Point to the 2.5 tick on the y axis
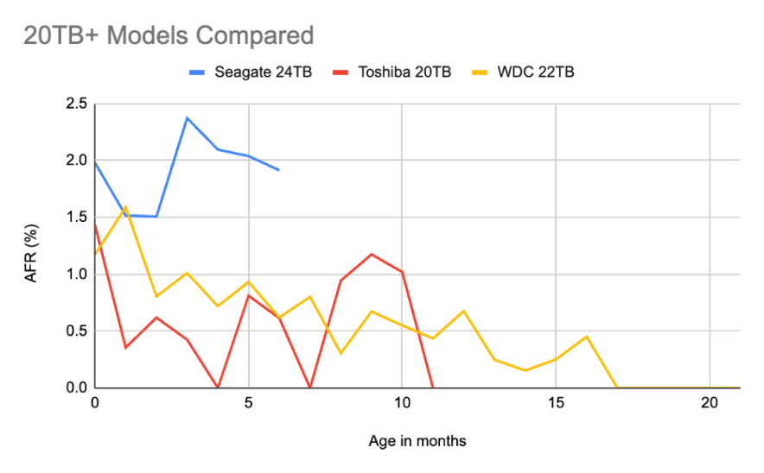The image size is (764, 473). [76, 104]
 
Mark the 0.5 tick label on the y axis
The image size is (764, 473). [76, 331]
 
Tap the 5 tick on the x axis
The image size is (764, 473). [249, 403]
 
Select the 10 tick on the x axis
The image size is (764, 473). [402, 403]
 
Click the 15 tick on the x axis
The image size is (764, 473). [556, 403]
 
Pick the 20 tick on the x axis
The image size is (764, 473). [710, 403]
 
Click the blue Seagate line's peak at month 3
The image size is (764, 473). [188, 117]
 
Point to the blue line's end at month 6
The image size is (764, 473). [279, 170]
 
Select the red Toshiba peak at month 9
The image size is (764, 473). [372, 254]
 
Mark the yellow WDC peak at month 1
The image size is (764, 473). [126, 206]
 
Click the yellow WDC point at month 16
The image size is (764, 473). [587, 337]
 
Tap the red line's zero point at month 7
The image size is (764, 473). [310, 388]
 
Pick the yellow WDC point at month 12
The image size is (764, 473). [464, 311]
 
